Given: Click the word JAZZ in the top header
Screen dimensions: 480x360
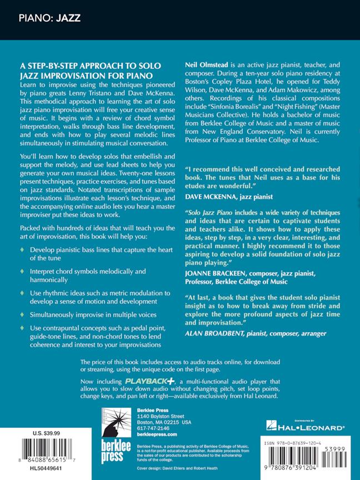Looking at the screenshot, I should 68,18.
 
